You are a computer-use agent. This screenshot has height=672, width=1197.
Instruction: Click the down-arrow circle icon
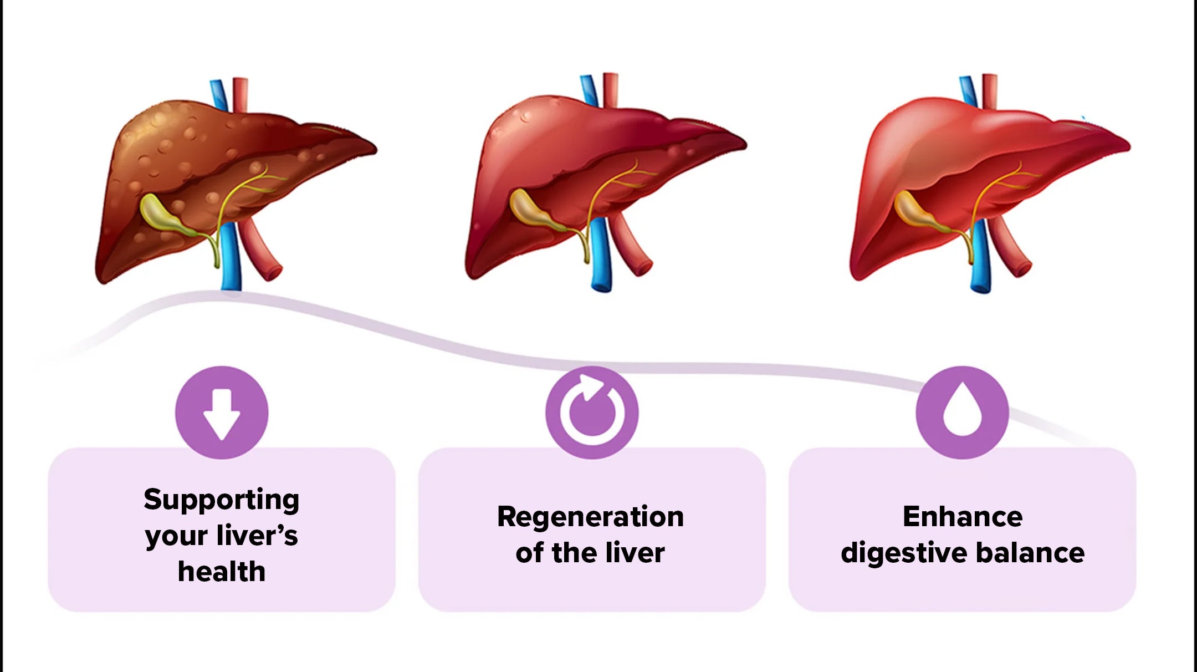[x=222, y=413]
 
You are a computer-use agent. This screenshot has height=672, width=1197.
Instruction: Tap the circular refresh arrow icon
[x=592, y=413]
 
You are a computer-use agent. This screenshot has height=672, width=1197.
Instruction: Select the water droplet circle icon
[x=963, y=413]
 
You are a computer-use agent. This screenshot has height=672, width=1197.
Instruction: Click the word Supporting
[x=222, y=500]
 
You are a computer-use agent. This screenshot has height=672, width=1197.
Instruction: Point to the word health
[x=222, y=572]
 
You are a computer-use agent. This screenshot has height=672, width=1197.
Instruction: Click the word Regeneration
[x=591, y=517]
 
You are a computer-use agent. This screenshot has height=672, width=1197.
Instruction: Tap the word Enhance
[x=963, y=517]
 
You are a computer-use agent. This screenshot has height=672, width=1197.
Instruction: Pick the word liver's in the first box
[x=257, y=536]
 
